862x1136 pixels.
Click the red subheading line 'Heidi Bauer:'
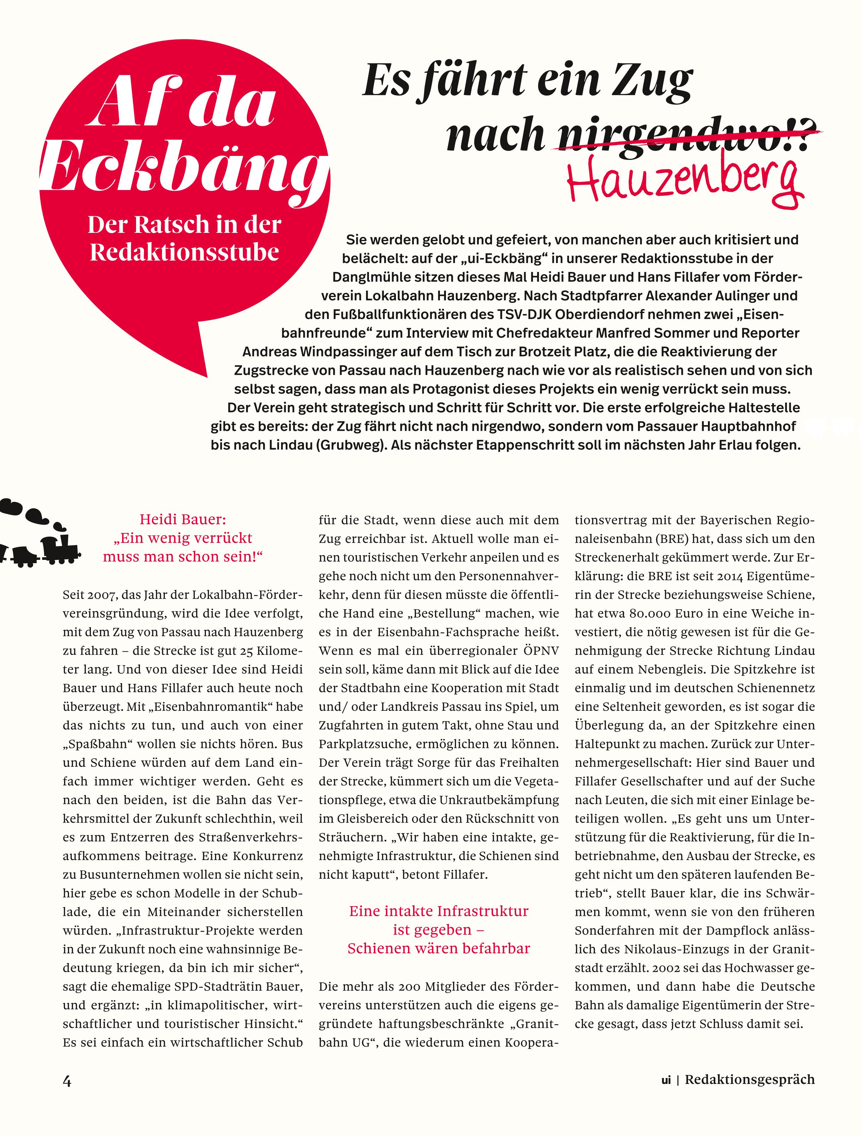pos(182,519)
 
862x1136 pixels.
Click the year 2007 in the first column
pos(100,595)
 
